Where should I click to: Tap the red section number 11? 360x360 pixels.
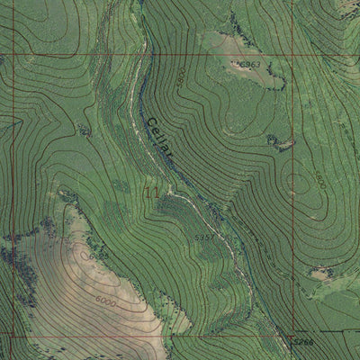(152, 192)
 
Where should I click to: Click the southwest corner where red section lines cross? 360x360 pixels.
(11, 335)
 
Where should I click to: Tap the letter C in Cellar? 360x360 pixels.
(146, 121)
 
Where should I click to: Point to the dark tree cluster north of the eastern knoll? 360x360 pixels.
(274, 139)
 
